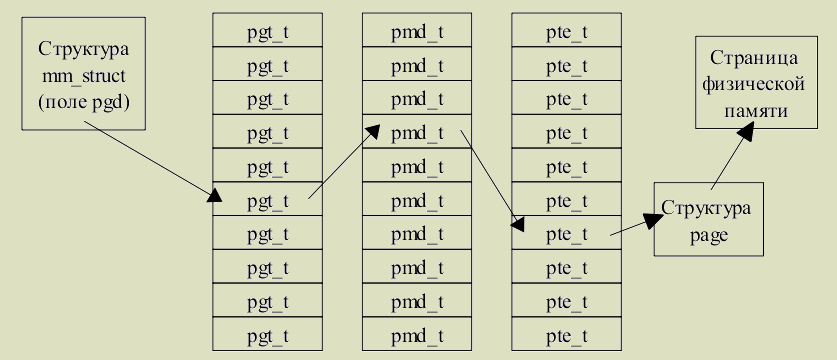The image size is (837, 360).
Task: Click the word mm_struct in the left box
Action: coord(84,76)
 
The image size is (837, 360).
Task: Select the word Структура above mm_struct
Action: coord(84,49)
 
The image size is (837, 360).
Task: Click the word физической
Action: coord(756,84)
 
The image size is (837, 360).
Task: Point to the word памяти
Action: coord(756,111)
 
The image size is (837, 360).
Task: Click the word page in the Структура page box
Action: coord(708,235)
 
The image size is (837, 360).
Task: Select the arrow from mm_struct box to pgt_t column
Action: coord(153,161)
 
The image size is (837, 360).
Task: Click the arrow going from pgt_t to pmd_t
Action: coord(344,162)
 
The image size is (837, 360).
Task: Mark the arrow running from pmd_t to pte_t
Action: coord(492,181)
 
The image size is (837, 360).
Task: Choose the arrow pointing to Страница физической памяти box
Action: coord(732,155)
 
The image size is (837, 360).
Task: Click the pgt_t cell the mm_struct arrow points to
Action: coord(267,199)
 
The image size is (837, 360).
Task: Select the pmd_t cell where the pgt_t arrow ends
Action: coord(417,131)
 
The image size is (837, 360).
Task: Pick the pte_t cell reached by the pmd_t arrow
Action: coord(566,233)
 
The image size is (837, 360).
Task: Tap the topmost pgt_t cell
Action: coord(267,30)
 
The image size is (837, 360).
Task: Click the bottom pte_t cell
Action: coord(566,334)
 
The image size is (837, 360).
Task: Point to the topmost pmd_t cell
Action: coord(417,30)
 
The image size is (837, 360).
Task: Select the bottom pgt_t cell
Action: coord(267,334)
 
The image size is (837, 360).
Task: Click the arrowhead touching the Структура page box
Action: coord(653,220)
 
